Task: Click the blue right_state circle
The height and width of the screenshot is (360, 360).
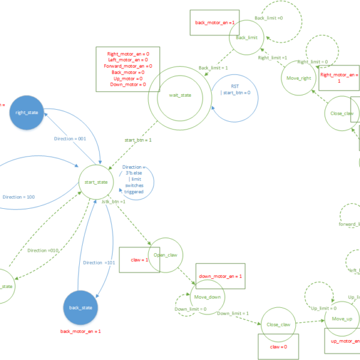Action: (26, 112)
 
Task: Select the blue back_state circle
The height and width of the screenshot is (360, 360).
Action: (81, 307)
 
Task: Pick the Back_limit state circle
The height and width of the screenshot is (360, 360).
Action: (247, 37)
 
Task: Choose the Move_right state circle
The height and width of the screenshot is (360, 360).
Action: (299, 78)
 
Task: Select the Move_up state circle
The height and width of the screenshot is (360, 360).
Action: (341, 319)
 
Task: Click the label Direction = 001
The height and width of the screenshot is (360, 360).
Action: (71, 139)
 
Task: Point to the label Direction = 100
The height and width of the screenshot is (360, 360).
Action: (19, 197)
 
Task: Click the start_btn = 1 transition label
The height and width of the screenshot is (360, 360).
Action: (138, 140)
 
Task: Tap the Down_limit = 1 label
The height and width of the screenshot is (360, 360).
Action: (233, 313)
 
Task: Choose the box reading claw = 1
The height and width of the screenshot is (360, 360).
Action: (139, 260)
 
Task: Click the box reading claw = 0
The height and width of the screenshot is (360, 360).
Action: (278, 347)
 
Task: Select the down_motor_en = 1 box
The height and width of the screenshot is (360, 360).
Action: (220, 276)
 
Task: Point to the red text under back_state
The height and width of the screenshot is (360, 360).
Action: (81, 331)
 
